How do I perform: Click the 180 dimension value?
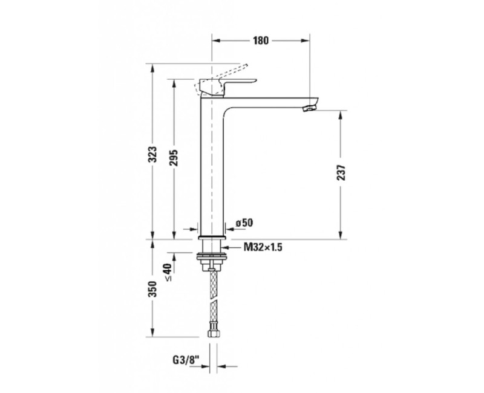pos(260,41)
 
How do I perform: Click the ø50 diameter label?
pos(243,224)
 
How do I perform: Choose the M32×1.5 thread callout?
pos(264,247)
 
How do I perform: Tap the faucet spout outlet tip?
pos(309,107)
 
